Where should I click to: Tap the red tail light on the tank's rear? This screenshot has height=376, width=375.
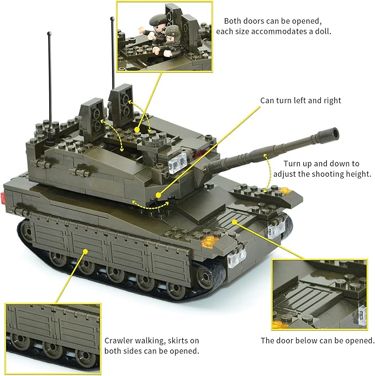(x=4, y=195)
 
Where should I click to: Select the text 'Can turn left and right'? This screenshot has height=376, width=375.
(x=300, y=100)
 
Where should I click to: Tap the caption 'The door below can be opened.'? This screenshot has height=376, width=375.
(x=318, y=341)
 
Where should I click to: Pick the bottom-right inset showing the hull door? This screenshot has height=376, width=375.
(x=320, y=294)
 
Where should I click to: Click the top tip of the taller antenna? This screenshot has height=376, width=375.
(x=113, y=19)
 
